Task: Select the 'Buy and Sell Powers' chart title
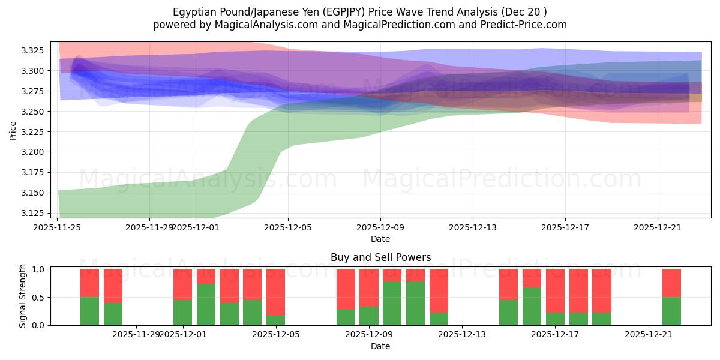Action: (x=380, y=257)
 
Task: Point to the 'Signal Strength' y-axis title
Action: (x=23, y=296)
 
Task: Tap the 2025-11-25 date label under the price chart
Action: (x=58, y=227)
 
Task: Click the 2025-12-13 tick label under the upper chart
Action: (x=473, y=227)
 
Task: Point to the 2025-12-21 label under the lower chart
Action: (x=649, y=335)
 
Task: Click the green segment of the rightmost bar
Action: (x=671, y=311)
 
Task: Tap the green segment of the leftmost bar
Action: (x=89, y=311)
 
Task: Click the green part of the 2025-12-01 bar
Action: (x=182, y=312)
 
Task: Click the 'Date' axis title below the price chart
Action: (x=380, y=239)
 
